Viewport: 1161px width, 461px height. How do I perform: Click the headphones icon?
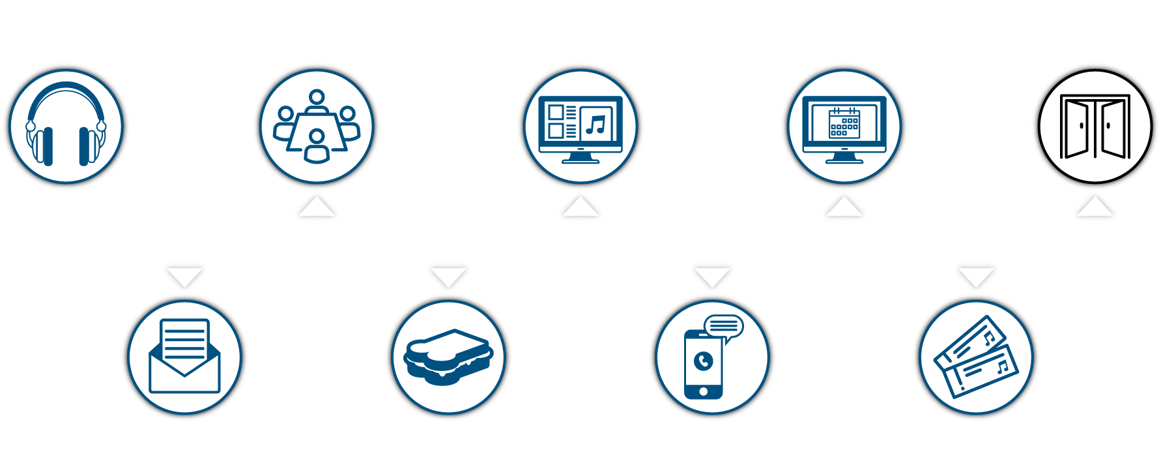point(66,125)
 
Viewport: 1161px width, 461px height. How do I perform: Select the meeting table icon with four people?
point(317,126)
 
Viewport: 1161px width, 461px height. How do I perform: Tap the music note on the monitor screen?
point(595,123)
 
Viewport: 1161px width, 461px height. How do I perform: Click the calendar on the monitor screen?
point(844,123)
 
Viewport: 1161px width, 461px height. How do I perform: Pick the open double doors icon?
point(1095,127)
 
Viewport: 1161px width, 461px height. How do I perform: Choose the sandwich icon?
point(448,357)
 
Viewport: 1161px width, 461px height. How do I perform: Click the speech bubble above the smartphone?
point(724,325)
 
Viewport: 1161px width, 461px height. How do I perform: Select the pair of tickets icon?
point(975,357)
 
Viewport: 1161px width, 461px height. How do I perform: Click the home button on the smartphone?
point(703,391)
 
